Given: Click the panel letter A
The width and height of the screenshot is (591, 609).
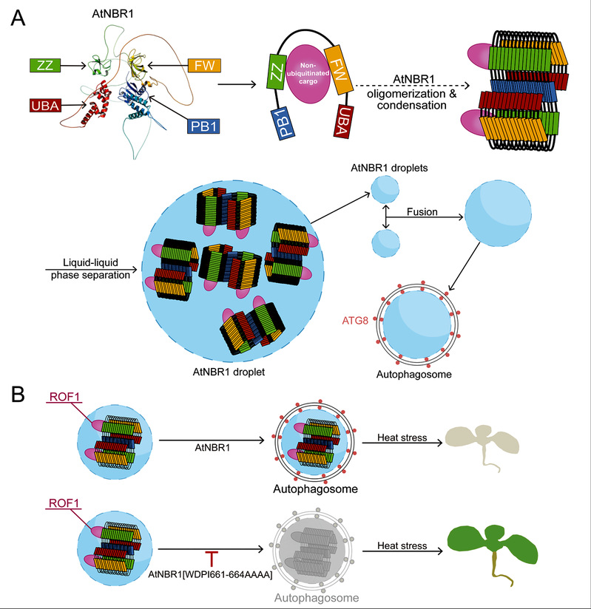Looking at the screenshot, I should pyautogui.click(x=21, y=18).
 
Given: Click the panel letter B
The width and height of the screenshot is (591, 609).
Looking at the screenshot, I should pyautogui.click(x=21, y=395).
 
